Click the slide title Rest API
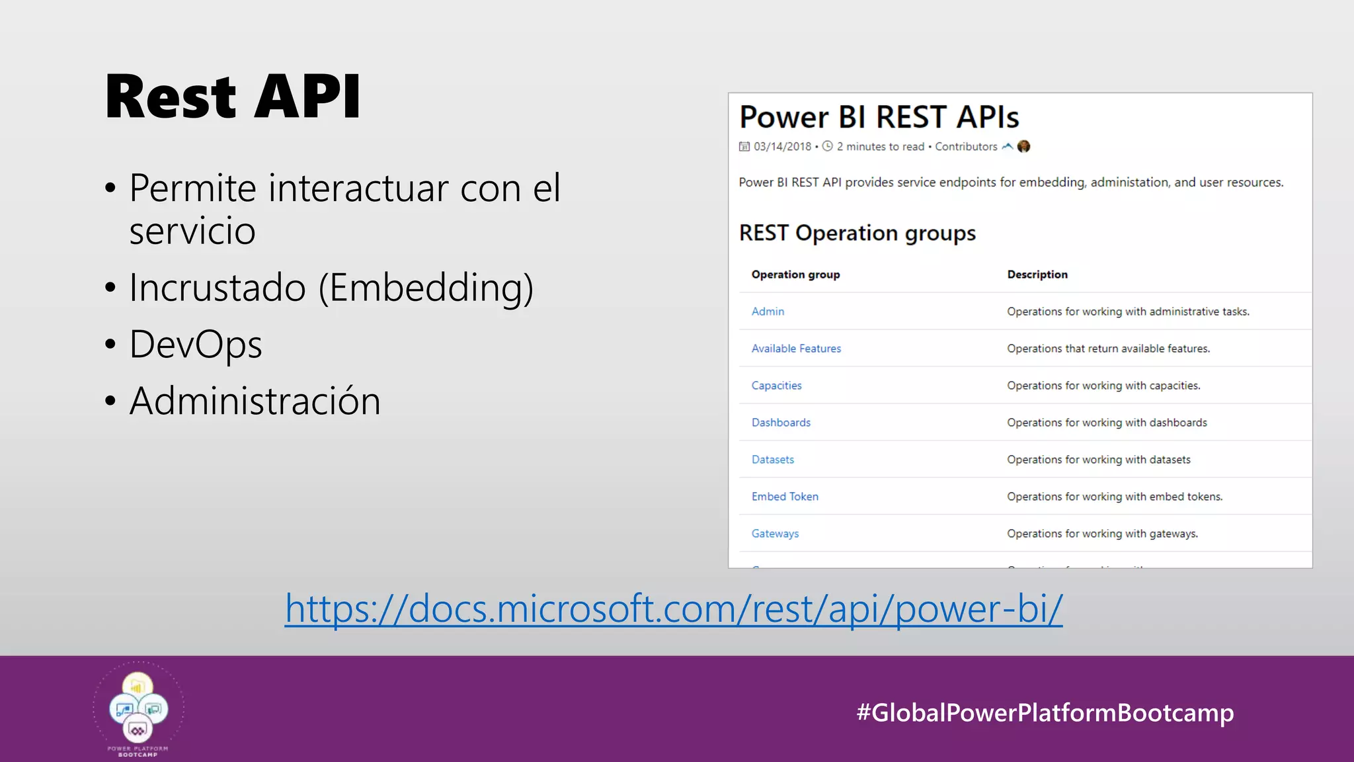point(233,97)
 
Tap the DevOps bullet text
point(196,345)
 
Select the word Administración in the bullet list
point(255,402)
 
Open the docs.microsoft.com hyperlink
point(674,609)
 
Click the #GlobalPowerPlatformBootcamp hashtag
point(1045,712)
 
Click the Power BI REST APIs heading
point(879,117)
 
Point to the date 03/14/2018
point(782,147)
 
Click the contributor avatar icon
point(1023,146)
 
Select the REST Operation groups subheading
point(857,233)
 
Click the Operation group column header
point(795,275)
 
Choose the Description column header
point(1037,275)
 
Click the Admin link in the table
point(768,312)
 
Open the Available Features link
point(796,349)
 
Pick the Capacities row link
point(776,386)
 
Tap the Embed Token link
point(785,497)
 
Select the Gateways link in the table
point(775,534)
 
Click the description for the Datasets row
point(1098,460)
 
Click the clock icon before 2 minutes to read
point(827,146)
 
